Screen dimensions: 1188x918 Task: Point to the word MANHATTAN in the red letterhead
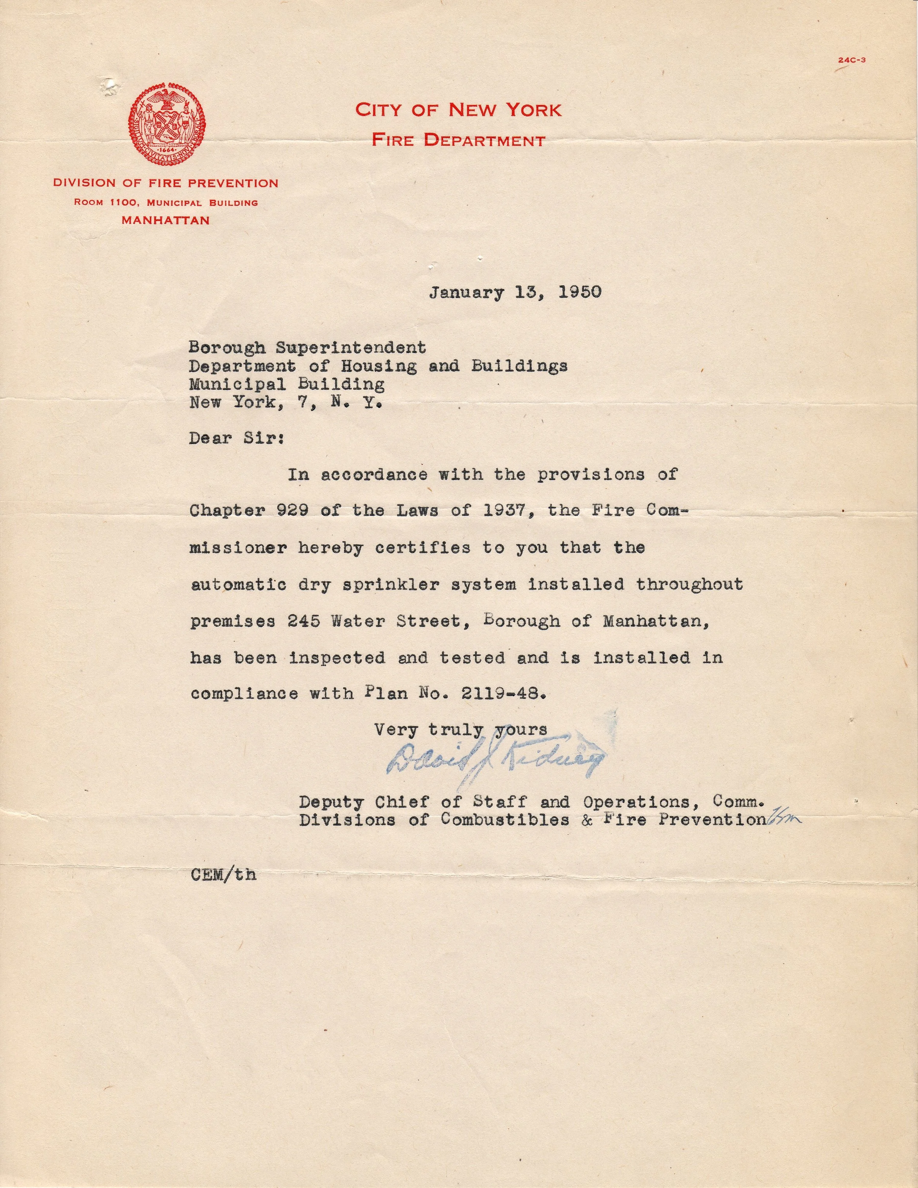(x=166, y=220)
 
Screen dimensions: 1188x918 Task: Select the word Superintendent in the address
(x=351, y=347)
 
